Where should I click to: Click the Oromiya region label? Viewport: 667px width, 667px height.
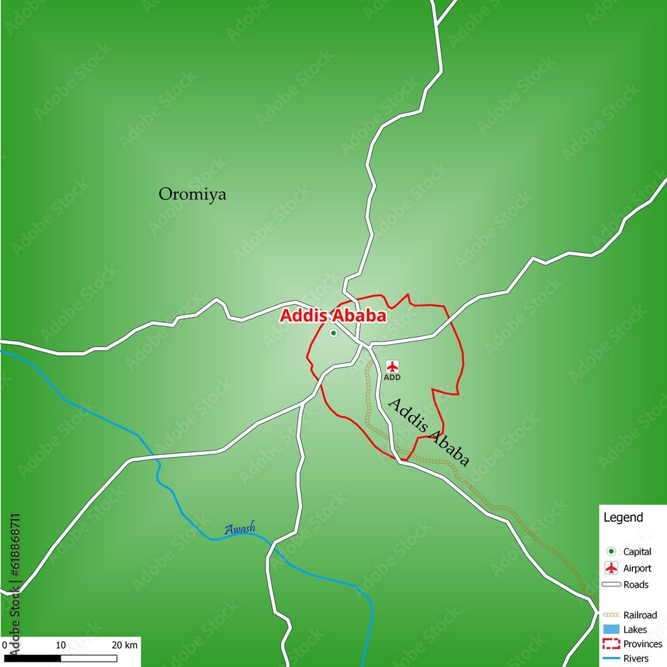[x=192, y=194]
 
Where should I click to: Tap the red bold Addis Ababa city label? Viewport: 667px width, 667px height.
[x=332, y=316]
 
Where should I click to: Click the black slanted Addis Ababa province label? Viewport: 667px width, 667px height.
[x=428, y=432]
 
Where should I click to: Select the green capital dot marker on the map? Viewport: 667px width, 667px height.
[x=333, y=333]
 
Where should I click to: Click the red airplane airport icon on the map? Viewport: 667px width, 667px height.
[x=392, y=366]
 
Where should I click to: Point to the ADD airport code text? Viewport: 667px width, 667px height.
[x=392, y=378]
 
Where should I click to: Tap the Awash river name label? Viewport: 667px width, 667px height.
[x=239, y=530]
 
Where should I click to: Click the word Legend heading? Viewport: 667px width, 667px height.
[x=623, y=518]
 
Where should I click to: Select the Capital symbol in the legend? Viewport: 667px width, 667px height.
[x=610, y=552]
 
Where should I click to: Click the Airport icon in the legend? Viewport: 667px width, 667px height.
[x=610, y=568]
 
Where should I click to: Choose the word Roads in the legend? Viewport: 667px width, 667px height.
[x=636, y=585]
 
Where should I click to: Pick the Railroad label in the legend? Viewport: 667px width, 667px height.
[x=640, y=615]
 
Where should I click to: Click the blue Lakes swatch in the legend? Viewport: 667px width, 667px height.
[x=611, y=630]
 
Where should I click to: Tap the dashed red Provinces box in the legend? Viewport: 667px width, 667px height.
[x=611, y=644]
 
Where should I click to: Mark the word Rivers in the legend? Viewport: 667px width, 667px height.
[x=636, y=659]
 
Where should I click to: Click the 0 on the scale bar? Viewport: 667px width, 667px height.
[x=4, y=645]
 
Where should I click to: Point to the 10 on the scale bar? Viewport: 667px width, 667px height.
[x=60, y=645]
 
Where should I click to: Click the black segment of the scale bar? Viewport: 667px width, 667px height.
[x=33, y=659]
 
